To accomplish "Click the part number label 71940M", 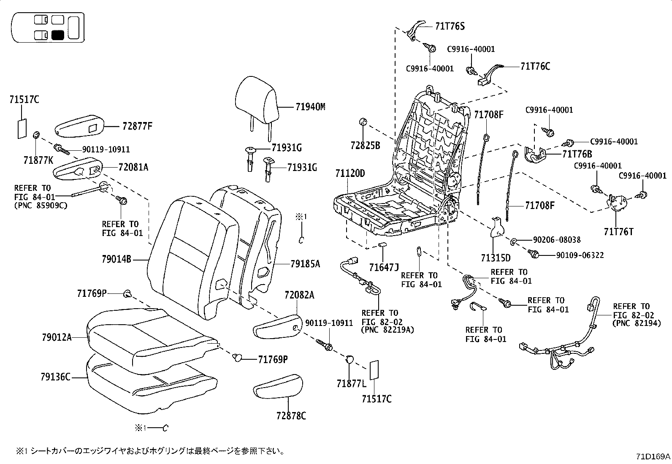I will [310, 107].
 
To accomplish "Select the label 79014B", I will [117, 260].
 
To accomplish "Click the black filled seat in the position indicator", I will [58, 35].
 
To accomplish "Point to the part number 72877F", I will [138, 126].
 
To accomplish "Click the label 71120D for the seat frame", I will [350, 174].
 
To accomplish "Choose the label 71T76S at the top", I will [450, 26].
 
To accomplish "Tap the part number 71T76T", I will [618, 231].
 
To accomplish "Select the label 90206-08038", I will [556, 240].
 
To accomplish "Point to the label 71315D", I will [496, 258].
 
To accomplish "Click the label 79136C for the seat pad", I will [56, 377].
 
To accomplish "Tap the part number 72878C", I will [291, 416].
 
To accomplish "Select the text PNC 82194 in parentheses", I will [636, 323].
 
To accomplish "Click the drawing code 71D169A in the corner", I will [653, 456].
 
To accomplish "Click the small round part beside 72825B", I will [362, 122].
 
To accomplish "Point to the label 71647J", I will [384, 267].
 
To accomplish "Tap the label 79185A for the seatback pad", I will [305, 264].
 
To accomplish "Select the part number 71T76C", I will [536, 66].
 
